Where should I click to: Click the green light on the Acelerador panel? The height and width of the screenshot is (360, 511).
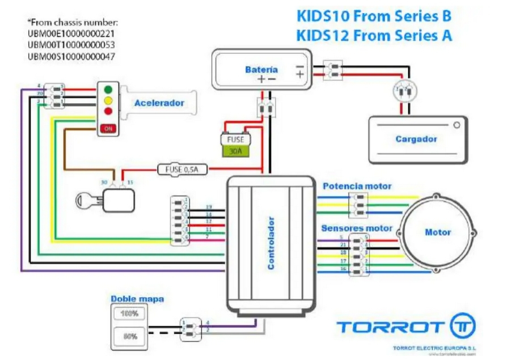pyautogui.click(x=107, y=90)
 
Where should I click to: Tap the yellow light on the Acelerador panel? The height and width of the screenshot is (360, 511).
pyautogui.click(x=107, y=100)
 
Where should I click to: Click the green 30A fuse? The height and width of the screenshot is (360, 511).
pyautogui.click(x=235, y=151)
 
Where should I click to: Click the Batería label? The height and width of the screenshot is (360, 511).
pyautogui.click(x=261, y=69)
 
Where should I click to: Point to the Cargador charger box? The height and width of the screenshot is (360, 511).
pyautogui.click(x=417, y=139)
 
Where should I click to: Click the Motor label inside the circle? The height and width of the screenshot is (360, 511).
pyautogui.click(x=438, y=232)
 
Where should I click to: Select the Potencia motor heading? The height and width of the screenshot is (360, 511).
pyautogui.click(x=357, y=186)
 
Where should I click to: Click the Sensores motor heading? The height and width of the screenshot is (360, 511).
pyautogui.click(x=357, y=228)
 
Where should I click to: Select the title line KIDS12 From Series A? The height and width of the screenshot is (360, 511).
pyautogui.click(x=374, y=35)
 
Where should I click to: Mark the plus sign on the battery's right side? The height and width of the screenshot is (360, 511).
pyautogui.click(x=300, y=74)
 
